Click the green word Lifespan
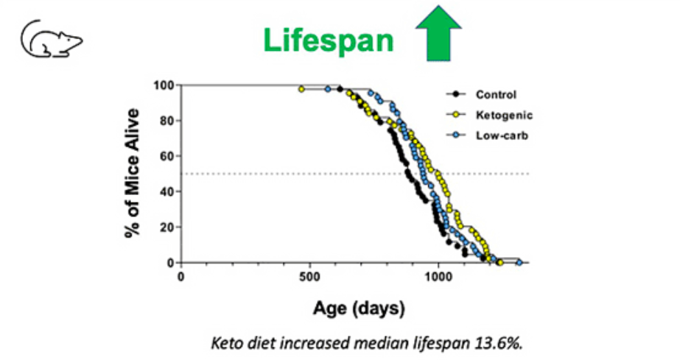329,40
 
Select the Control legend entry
495,94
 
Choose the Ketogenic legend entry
503,115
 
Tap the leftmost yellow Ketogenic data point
301,89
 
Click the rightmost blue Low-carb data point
519,262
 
